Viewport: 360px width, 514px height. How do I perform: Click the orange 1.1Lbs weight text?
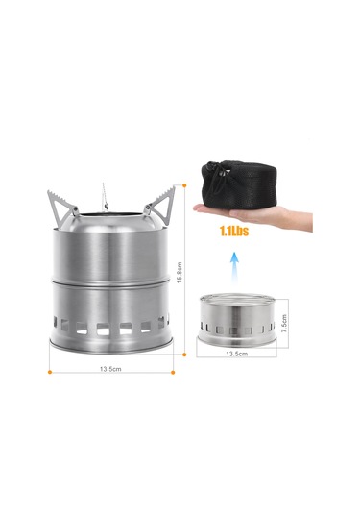(x=234, y=232)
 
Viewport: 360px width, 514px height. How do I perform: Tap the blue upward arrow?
(x=234, y=269)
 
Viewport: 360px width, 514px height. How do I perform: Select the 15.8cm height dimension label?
(x=180, y=273)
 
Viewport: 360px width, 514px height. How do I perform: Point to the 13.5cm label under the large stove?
(x=110, y=369)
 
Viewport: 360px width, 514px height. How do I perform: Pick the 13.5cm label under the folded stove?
(x=237, y=354)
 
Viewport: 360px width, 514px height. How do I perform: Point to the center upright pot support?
(x=105, y=197)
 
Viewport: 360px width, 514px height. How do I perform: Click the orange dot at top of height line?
(x=184, y=185)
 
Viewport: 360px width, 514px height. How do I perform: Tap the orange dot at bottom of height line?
(x=184, y=355)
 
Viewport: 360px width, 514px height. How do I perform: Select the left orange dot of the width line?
(x=50, y=372)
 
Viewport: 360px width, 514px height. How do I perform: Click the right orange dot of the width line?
(x=173, y=372)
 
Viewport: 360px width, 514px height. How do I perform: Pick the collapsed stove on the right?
(x=236, y=320)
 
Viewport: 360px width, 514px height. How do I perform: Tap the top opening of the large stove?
(x=111, y=215)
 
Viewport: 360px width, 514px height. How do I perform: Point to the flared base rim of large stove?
(x=111, y=344)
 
